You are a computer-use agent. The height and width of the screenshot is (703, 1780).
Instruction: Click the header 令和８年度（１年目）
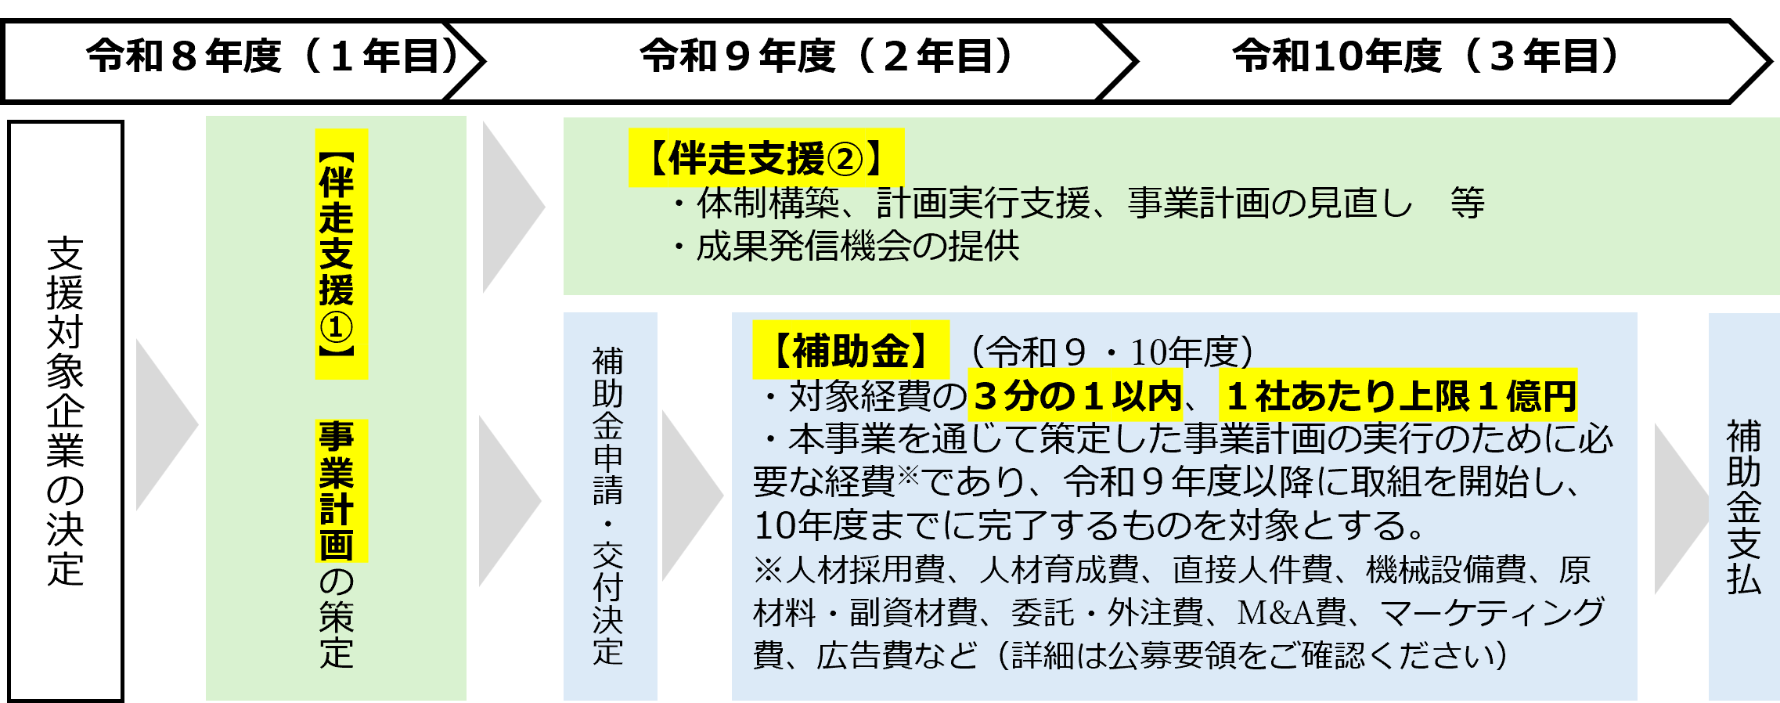[x=272, y=56]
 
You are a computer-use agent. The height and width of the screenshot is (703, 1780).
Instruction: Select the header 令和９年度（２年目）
[x=827, y=56]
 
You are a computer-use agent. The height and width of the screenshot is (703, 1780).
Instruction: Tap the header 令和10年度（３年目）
[x=1425, y=56]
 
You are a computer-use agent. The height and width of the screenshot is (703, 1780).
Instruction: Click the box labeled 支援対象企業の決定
[x=66, y=411]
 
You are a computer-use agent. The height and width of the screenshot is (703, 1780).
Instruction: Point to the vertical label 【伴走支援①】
[x=337, y=254]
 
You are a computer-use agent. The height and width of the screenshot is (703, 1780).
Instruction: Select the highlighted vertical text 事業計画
[x=337, y=491]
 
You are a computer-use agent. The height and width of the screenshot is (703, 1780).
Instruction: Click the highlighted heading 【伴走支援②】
[x=766, y=158]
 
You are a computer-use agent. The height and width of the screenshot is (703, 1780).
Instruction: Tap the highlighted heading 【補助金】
[x=851, y=350]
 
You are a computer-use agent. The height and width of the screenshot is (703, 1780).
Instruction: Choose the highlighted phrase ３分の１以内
[x=1077, y=395]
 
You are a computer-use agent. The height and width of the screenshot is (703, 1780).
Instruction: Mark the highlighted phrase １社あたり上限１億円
[x=1400, y=395]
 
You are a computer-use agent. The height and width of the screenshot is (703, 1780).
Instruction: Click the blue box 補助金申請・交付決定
[x=610, y=506]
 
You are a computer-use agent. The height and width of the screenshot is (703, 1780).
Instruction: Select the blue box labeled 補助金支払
[x=1744, y=507]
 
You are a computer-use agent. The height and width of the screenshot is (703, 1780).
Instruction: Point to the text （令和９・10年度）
[x=1111, y=352]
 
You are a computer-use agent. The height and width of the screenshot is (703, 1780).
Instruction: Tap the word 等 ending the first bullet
[x=1467, y=203]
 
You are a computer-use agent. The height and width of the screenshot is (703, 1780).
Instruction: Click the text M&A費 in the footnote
[x=1291, y=612]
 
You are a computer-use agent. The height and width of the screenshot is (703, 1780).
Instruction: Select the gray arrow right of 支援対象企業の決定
[x=167, y=425]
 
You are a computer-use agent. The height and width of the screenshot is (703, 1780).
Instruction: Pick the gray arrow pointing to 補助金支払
[x=1681, y=510]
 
